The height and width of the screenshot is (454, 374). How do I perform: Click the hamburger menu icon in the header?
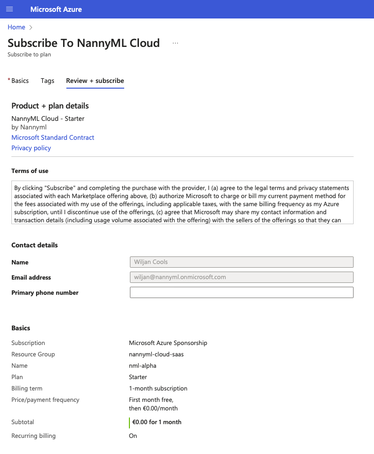click(x=9, y=9)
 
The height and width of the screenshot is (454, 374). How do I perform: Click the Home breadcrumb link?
click(x=16, y=27)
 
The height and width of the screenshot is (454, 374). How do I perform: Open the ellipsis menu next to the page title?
click(x=175, y=43)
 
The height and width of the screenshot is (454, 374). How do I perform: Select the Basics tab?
click(x=20, y=81)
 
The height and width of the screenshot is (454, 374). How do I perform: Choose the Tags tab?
click(x=47, y=81)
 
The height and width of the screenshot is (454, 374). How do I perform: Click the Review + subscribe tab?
click(x=95, y=81)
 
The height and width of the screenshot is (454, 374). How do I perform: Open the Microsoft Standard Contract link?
click(x=53, y=137)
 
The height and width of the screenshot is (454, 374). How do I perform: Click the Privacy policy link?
click(x=31, y=148)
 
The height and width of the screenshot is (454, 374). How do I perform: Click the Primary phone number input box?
click(x=241, y=292)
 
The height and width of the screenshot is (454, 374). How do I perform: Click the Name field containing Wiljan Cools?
click(x=241, y=262)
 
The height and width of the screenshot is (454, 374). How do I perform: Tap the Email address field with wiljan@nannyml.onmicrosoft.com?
click(x=241, y=277)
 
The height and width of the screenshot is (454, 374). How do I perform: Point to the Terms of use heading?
click(x=30, y=171)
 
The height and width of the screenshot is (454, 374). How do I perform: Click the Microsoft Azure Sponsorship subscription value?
click(x=168, y=343)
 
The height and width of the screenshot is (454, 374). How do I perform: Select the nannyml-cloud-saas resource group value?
click(x=156, y=354)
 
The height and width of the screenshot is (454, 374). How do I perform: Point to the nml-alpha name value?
click(x=142, y=365)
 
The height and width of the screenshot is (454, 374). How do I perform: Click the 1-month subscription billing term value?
click(x=158, y=388)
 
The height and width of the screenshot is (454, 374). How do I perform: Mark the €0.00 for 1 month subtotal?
click(x=157, y=422)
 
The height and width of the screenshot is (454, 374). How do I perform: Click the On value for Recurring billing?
click(x=133, y=436)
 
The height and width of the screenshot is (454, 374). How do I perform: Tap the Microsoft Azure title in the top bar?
click(x=56, y=9)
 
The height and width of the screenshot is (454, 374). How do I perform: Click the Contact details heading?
click(x=35, y=245)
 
